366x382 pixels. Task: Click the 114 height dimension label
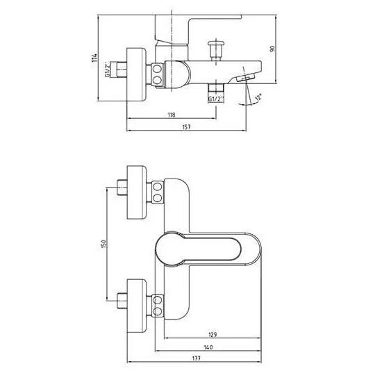[x=94, y=58]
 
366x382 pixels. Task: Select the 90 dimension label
[x=272, y=49]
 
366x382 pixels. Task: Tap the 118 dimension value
[x=172, y=115]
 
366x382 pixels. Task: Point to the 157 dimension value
[x=187, y=126]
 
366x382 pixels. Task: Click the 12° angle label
[x=258, y=97]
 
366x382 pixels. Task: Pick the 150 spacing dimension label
[x=103, y=244]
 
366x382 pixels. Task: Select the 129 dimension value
[x=213, y=335]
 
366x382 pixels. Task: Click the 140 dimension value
[x=208, y=347]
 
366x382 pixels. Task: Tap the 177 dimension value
[x=196, y=358]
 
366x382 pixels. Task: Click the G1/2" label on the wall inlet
[x=107, y=70]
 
